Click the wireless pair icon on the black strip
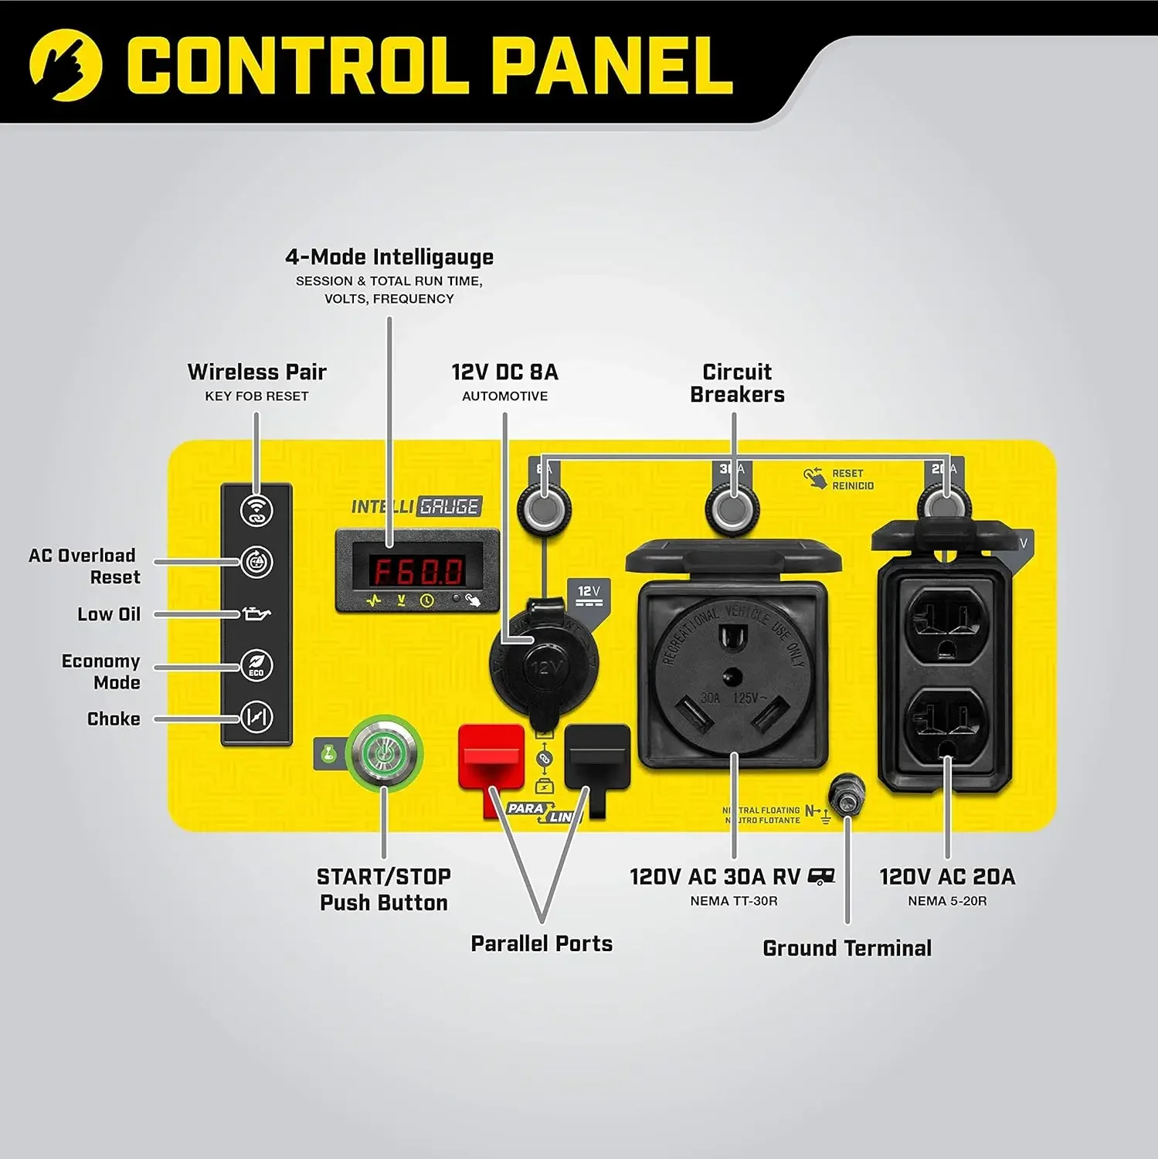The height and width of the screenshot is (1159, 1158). (256, 511)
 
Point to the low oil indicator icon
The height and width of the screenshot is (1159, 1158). (256, 614)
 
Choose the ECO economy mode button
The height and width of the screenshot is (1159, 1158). (256, 665)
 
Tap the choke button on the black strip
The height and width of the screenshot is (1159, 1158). (256, 717)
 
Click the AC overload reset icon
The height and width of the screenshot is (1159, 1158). (256, 562)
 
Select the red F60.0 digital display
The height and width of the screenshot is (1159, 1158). (418, 571)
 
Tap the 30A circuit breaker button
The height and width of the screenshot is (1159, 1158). (733, 509)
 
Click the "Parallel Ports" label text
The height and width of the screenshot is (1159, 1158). (542, 943)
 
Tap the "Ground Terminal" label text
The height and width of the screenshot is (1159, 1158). (847, 948)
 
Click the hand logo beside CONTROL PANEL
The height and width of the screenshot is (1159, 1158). (66, 66)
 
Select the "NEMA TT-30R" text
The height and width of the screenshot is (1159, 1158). (733, 901)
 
